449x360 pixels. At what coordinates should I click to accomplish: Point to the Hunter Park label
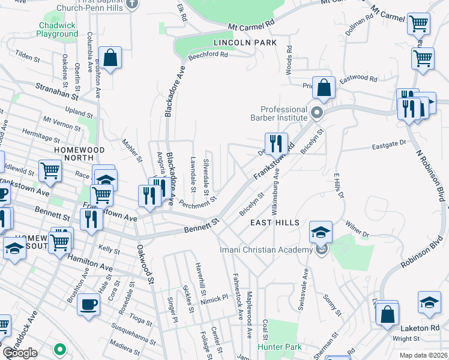pos(279,347)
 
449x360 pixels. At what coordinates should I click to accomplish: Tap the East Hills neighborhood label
pos(275,223)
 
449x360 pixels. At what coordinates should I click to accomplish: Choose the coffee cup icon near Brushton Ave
pos(89,304)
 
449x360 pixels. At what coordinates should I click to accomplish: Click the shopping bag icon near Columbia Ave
pos(111,59)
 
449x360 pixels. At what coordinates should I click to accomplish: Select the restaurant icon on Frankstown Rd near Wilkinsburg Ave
pos(276,143)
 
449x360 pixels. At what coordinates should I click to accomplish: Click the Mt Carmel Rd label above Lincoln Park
pos(252,25)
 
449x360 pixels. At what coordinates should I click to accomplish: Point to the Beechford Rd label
pos(208,55)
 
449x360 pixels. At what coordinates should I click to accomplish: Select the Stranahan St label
pos(57,92)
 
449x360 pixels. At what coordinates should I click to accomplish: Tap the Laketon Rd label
pos(421,328)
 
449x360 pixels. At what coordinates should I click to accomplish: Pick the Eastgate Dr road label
pos(390,143)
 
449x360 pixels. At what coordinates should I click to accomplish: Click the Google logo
pos(20,353)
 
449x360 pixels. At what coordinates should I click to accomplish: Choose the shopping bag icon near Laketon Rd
pos(388,313)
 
